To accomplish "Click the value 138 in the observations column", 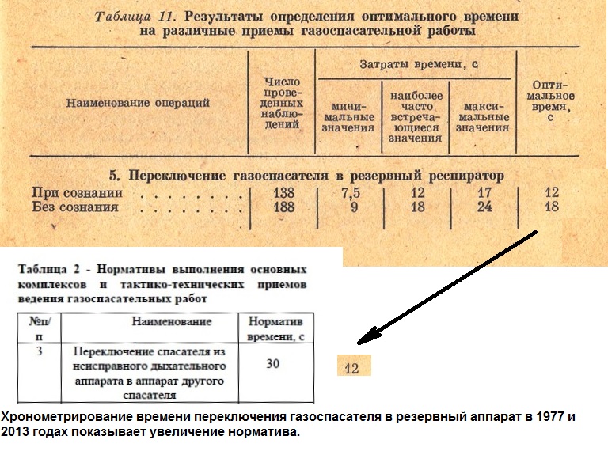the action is point(284,192).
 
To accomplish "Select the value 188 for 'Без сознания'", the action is point(284,207).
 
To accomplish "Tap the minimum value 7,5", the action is point(351,192).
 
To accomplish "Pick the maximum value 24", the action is point(484,207).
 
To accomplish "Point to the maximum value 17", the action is point(484,192).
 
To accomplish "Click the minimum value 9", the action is point(354,207).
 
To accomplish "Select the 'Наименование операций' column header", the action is point(138,103).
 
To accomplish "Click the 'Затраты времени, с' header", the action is point(419,64).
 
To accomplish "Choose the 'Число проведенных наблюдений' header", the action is point(282,103).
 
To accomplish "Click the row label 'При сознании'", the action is point(77,192).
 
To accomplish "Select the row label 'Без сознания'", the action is point(75,207).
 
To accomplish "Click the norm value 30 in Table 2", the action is point(272,363).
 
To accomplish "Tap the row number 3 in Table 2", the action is point(39,351).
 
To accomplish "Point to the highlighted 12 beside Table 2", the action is point(351,368).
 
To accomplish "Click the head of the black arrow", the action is point(358,343).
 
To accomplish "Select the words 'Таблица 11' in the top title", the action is point(135,17).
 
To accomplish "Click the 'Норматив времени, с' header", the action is point(275,329).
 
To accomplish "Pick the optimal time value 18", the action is point(552,207).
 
